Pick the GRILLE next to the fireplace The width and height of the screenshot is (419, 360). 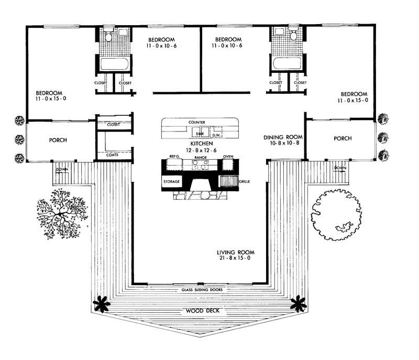228,182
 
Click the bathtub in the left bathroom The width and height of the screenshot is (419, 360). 111,65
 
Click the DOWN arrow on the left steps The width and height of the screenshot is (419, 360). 61,170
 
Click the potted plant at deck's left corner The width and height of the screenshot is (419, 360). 101,303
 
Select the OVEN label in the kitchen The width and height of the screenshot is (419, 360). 228,157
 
